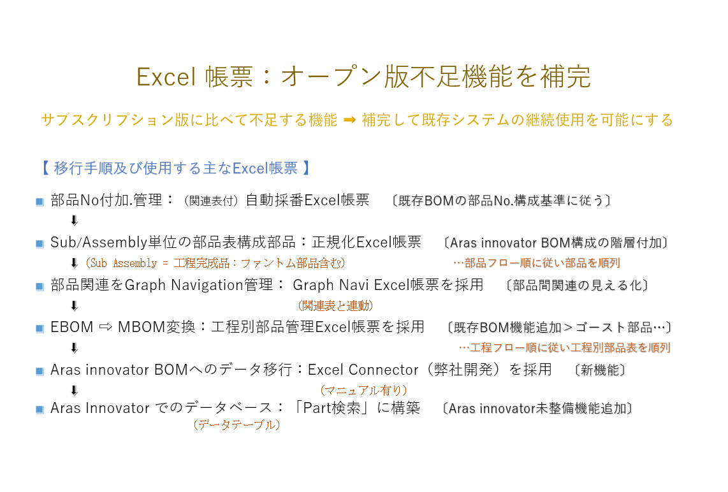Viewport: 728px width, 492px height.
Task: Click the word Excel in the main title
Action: [x=166, y=76]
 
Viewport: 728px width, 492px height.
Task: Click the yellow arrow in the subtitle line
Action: [x=349, y=120]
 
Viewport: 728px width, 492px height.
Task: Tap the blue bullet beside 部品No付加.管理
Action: [x=40, y=201]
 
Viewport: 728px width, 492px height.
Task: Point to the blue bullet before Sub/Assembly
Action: [x=40, y=243]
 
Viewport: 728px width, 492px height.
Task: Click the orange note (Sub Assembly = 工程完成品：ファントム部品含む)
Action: [x=215, y=263]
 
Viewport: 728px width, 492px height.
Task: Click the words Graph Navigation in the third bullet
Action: [x=184, y=285]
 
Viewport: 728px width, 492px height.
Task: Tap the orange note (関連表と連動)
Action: [x=335, y=305]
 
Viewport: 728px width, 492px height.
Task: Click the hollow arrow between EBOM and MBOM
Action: [x=106, y=327]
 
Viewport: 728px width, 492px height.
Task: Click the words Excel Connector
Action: [x=363, y=370]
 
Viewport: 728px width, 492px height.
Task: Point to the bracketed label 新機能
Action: [x=600, y=370]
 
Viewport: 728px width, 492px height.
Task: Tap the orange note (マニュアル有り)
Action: [x=363, y=391]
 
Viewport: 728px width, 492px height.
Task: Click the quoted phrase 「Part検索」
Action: [x=332, y=408]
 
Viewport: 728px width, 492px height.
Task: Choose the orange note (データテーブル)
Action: [x=237, y=424]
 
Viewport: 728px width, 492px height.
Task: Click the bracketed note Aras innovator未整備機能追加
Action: [x=537, y=409]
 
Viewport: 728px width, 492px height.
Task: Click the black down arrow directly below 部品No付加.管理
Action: [x=75, y=221]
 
